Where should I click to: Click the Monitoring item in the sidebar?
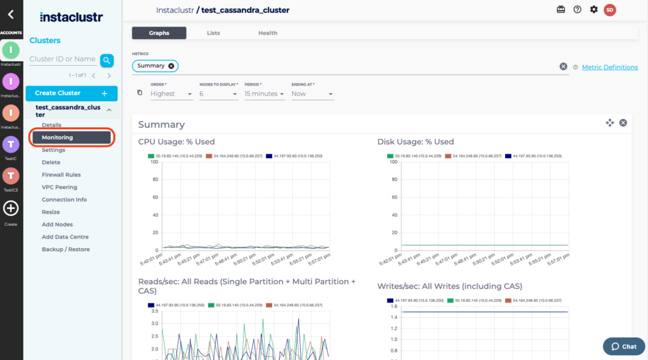71,137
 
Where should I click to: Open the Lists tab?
213,33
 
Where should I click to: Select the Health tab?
267,33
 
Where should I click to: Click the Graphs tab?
159,33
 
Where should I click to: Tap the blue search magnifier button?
107,60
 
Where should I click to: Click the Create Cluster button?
72,94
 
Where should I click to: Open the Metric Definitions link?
609,67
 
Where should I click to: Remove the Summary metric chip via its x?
171,66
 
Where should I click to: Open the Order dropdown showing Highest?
171,94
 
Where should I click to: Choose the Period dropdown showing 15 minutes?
264,94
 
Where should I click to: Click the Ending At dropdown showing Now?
312,94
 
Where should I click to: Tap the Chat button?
623,346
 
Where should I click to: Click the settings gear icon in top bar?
594,9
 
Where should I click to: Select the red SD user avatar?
609,9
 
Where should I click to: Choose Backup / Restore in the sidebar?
65,249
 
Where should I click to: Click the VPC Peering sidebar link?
59,187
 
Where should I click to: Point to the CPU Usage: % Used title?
176,142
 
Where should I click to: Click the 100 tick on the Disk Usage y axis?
394,162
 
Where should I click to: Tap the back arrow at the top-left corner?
11,14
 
